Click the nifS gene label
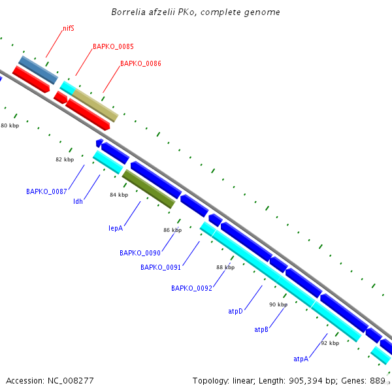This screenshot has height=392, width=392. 68,29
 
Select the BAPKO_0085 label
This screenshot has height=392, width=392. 113,47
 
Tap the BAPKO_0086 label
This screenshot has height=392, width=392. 140,64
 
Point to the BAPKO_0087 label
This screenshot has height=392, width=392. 46,192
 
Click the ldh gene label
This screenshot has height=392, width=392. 78,201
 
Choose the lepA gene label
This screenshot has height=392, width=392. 116,229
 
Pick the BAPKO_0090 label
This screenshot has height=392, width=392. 140,253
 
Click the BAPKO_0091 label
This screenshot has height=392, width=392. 161,267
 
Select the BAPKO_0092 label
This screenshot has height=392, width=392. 191,288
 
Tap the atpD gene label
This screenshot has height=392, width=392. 235,312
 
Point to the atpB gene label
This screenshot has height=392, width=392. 261,330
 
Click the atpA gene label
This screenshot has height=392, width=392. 301,359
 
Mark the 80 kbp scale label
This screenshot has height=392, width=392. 10,125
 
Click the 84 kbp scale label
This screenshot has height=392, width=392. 119,195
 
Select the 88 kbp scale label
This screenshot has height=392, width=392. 225,267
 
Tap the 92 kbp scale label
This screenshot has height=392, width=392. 330,343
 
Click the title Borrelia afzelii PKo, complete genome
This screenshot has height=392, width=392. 196,12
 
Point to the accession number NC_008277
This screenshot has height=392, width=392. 50,380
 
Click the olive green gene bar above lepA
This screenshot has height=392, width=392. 148,189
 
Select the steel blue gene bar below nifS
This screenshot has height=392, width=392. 38,70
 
